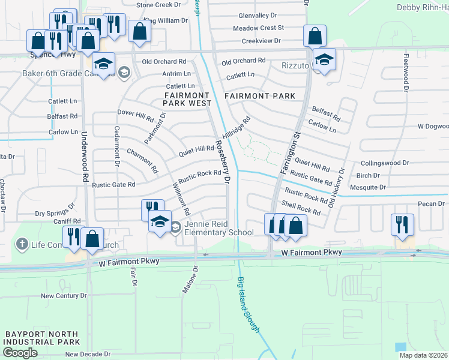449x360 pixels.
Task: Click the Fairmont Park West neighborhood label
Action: click(188, 99)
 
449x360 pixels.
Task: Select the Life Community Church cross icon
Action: click(22, 244)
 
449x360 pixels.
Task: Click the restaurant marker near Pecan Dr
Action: click(402, 224)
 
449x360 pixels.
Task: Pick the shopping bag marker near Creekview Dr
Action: click(315, 35)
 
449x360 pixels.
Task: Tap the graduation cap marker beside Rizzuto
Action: click(325, 59)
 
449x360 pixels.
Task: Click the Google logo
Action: click(20, 353)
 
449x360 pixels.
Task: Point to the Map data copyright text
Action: click(423, 355)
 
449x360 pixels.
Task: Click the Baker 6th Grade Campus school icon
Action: click(124, 73)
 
